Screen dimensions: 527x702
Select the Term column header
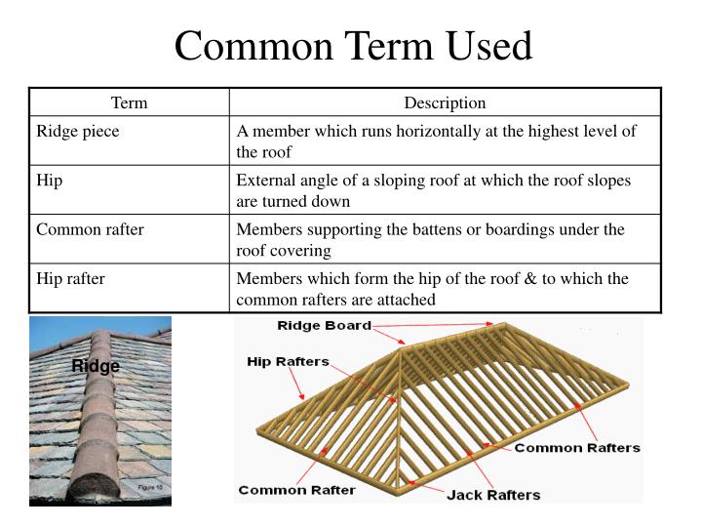coord(129,102)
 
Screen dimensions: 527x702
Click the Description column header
coord(445,102)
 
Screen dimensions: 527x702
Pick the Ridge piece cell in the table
coord(78,131)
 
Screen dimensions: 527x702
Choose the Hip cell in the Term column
coord(50,182)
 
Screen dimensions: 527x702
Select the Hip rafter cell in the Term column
coord(70,279)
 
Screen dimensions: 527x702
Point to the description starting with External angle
coord(434,191)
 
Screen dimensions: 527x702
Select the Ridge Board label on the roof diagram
coord(324,326)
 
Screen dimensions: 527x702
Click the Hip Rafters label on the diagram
coord(288,362)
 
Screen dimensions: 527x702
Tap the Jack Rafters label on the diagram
coord(492,495)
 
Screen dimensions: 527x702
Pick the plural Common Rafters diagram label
coord(576,448)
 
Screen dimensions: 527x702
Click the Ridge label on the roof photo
coord(96,367)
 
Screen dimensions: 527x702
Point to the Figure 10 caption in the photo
coord(148,486)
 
